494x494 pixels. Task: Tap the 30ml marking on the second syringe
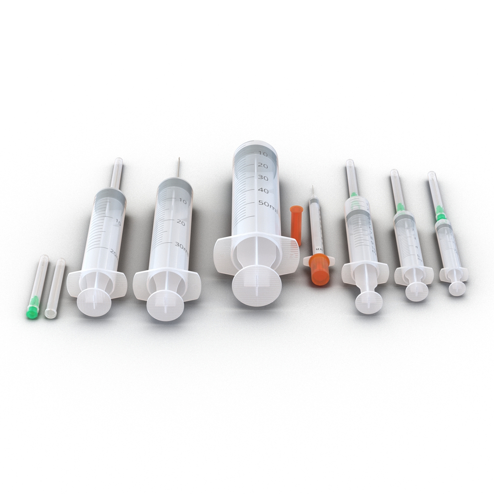(x=181, y=247)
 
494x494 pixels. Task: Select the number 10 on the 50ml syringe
(x=263, y=154)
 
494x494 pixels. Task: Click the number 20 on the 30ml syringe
(x=180, y=223)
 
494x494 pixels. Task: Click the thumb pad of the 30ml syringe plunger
(x=166, y=304)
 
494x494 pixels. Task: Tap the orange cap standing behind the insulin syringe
(x=296, y=224)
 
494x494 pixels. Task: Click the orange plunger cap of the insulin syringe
(x=319, y=270)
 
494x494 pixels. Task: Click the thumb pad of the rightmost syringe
(x=457, y=288)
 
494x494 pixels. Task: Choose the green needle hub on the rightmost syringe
(x=440, y=213)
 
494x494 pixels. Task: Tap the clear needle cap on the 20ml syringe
(x=117, y=173)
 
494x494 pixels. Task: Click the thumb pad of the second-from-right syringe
(x=417, y=292)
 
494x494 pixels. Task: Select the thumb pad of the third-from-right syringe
(x=369, y=302)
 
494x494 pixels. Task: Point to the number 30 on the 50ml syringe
(x=263, y=177)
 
